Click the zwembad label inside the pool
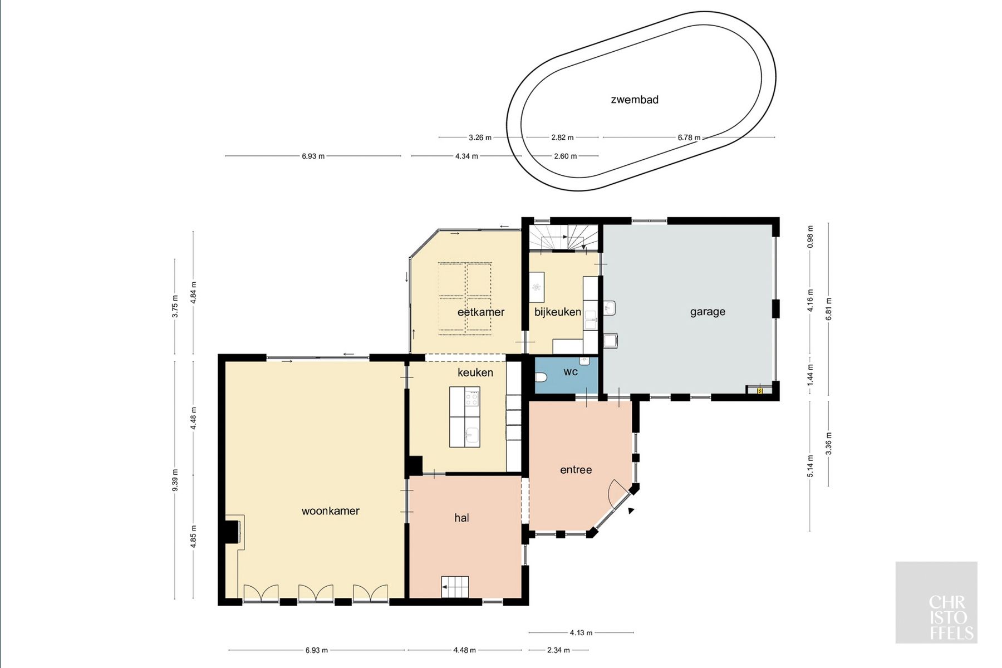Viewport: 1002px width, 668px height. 635,100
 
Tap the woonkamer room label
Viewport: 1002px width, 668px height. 331,510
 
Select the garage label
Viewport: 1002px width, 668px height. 708,312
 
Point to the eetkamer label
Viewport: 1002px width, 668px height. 481,312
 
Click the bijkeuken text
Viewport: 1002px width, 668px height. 558,312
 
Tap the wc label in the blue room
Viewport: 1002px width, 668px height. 571,372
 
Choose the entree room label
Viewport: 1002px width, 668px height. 576,470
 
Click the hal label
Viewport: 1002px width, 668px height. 461,518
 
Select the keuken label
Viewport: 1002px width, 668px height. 475,372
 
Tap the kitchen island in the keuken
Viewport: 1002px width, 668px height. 465,416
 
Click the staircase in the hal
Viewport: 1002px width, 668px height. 455,587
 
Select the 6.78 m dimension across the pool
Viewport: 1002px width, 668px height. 689,137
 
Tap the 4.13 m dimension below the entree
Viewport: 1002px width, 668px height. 581,632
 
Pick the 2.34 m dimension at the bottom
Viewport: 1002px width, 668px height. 558,650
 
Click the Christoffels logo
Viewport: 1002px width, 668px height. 936,602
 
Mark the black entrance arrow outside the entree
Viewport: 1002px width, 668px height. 631,510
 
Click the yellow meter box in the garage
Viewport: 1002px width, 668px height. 760,391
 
